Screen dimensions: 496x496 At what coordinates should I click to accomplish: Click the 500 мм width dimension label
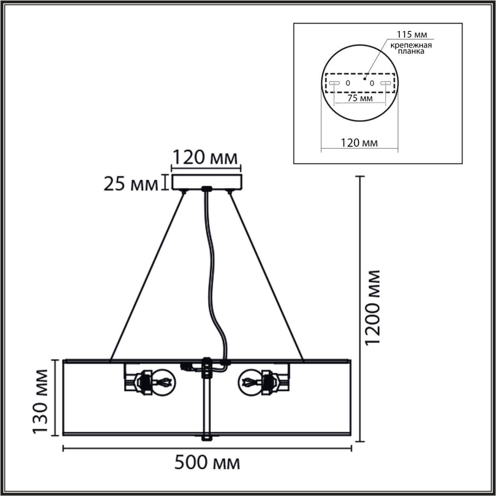[x=207, y=463]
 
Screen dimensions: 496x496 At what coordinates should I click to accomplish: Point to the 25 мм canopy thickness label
[x=131, y=184]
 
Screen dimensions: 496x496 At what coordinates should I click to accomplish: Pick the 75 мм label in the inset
[x=360, y=98]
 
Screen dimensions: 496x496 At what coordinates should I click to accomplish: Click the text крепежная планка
[x=411, y=48]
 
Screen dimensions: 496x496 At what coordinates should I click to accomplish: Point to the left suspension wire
[x=147, y=275]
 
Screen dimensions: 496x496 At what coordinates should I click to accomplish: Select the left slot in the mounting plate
[x=334, y=83]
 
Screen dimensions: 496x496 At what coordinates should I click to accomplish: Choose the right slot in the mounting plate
[x=385, y=83]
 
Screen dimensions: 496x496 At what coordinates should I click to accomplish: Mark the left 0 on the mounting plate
[x=348, y=83]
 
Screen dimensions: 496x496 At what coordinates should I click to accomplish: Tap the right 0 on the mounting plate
[x=372, y=83]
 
